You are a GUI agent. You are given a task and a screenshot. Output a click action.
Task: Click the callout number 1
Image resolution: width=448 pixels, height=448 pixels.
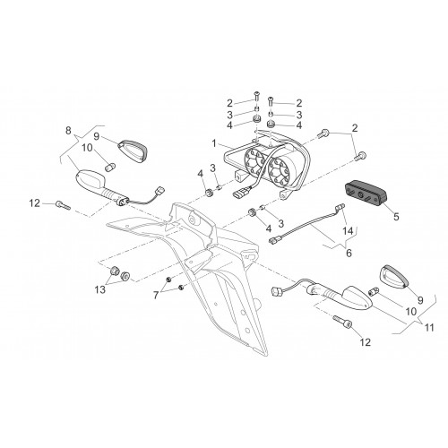coord(214,143)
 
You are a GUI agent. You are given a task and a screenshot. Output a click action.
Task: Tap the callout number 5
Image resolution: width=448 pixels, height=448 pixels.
coord(396,217)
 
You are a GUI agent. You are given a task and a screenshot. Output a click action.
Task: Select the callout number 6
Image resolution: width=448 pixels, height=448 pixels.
coord(349,253)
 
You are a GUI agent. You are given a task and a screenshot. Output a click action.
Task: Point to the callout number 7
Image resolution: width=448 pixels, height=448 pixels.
coord(156,296)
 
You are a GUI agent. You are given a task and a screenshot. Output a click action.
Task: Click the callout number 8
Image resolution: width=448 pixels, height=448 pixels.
coord(68,131)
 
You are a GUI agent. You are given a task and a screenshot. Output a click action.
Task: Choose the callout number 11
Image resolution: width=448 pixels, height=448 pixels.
coord(429,328)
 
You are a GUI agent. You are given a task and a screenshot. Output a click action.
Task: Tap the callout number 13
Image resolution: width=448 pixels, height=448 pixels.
coord(100,289)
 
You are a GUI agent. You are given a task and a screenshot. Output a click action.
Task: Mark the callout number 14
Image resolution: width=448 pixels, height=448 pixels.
coord(348,231)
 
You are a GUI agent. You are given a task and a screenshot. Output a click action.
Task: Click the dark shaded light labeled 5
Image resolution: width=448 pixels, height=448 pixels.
coord(366,194)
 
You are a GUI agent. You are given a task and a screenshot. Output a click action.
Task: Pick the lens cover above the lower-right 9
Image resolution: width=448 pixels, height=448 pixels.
coord(393,276)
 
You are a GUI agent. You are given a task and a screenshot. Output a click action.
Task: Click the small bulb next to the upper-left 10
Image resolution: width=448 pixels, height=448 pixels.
coord(110,167)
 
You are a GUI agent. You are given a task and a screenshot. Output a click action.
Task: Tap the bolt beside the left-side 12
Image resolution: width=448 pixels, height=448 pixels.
coord(63,205)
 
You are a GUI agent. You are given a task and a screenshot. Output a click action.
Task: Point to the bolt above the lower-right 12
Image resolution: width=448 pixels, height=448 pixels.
coord(342,322)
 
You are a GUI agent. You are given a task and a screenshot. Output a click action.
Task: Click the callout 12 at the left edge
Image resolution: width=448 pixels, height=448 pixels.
coord(34,203)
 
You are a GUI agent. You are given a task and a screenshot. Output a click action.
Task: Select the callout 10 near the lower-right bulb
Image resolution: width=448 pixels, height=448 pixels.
coord(411,312)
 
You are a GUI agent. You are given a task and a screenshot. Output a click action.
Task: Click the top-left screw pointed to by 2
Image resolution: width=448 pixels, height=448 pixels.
coord(256,97)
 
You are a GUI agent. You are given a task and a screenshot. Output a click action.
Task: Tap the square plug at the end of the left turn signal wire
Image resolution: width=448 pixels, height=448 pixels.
coord(160,190)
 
